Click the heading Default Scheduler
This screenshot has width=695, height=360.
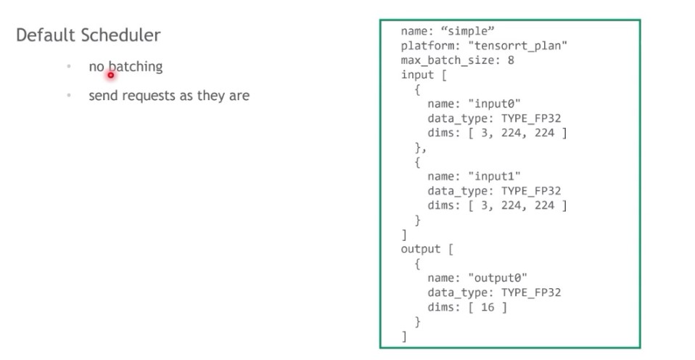89,35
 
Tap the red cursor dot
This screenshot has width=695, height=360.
111,74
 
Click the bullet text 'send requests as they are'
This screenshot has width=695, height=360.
169,95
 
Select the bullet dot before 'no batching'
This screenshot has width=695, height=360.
68,67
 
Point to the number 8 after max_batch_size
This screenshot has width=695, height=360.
511,60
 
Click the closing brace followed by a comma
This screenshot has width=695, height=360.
420,147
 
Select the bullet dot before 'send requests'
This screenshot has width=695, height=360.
68,95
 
